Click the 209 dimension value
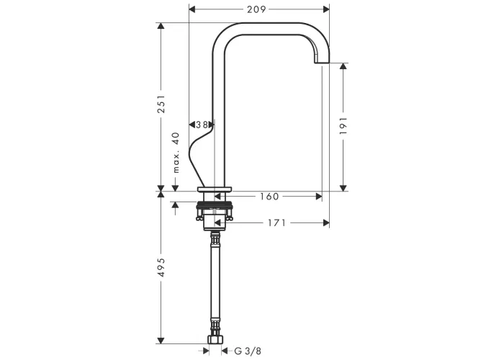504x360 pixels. (256, 9)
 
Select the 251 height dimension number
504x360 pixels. (161, 104)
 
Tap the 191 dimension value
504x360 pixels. (343, 126)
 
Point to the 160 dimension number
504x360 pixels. (269, 197)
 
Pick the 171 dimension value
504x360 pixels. (276, 222)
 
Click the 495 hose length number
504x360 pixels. (161, 267)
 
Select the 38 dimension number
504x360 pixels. (202, 125)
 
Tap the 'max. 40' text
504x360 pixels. (176, 153)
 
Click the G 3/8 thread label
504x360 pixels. (248, 351)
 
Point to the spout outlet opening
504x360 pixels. (322, 63)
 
